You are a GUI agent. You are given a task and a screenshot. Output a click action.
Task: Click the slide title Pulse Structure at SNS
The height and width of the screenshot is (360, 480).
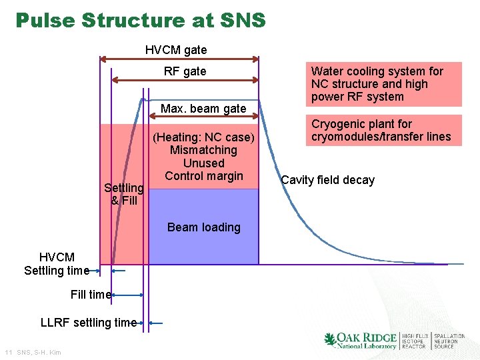141,21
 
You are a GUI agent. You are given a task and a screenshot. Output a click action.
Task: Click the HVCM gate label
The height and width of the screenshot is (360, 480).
176,50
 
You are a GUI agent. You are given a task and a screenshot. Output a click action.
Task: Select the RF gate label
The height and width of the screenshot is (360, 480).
185,71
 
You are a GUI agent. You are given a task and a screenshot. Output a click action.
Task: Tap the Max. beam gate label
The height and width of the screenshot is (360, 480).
203,109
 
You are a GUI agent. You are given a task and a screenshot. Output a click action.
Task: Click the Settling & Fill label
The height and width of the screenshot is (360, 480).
124,194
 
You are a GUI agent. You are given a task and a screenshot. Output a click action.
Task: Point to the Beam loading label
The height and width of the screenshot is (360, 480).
203,227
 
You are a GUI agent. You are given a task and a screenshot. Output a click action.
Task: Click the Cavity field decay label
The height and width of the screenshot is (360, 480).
328,180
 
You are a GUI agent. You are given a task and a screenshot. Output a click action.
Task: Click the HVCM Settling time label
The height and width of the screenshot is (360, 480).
57,264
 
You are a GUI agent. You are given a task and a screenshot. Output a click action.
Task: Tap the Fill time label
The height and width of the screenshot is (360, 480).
91,295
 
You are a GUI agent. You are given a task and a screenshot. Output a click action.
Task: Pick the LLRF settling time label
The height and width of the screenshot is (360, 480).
89,323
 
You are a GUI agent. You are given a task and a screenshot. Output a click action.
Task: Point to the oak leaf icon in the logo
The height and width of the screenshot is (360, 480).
330,340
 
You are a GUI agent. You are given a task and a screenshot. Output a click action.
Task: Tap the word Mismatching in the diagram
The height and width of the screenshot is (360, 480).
203,151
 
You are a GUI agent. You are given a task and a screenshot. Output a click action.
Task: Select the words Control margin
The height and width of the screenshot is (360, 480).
203,176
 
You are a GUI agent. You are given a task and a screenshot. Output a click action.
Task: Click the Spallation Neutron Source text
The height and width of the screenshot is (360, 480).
449,341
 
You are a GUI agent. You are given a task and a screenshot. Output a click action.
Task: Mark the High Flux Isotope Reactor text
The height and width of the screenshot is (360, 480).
415,341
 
